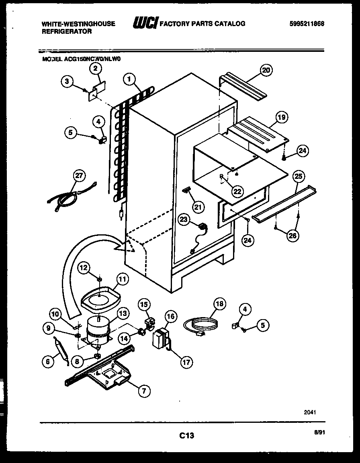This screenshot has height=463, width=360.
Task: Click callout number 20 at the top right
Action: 265,70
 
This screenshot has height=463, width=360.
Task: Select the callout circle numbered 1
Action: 129,79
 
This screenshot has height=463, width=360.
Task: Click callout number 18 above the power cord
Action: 219,304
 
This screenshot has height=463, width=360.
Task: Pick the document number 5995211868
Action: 307,24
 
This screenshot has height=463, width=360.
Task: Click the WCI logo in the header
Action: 145,24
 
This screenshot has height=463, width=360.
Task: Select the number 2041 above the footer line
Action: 310,412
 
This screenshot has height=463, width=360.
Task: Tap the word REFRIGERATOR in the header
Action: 67,31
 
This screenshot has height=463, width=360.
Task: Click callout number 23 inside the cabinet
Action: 184,219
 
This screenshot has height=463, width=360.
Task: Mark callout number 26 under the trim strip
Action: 292,236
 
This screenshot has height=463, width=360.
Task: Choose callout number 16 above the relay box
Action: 170,317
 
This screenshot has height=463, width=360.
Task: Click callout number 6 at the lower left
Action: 48,361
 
